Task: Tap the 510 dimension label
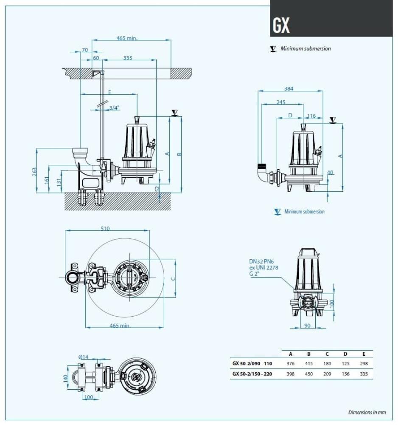(x=105, y=228)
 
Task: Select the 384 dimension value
(x=289, y=89)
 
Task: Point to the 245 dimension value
(x=280, y=102)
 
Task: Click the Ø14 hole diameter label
(x=83, y=357)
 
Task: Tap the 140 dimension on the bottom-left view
(x=65, y=377)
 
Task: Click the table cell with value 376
(x=291, y=364)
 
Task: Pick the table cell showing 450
(x=309, y=374)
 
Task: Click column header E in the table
(x=364, y=354)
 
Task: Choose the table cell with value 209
(x=327, y=374)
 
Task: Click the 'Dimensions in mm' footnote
(x=367, y=412)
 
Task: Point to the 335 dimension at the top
(x=128, y=58)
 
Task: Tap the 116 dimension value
(x=311, y=116)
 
